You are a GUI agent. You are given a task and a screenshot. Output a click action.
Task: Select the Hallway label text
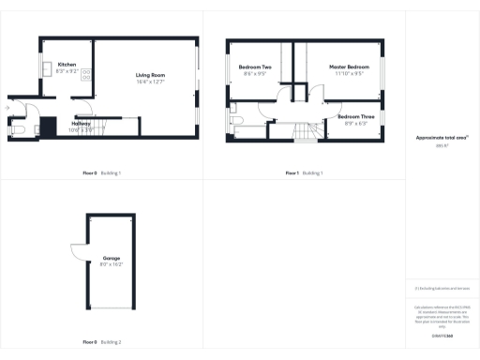(81, 124)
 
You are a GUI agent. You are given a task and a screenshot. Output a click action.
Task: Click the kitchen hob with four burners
(85, 74)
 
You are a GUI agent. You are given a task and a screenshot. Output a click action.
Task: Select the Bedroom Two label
(255, 67)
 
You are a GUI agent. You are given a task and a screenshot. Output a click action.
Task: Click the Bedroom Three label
(356, 116)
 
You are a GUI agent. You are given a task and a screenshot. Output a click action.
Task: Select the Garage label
(112, 258)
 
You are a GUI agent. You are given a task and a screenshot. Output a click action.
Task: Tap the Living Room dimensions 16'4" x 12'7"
(150, 82)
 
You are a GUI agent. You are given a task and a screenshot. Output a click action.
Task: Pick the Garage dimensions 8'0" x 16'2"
(112, 265)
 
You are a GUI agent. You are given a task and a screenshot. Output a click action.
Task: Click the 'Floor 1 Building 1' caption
(305, 173)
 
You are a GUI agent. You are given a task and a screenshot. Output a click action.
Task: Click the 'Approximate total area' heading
(442, 138)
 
